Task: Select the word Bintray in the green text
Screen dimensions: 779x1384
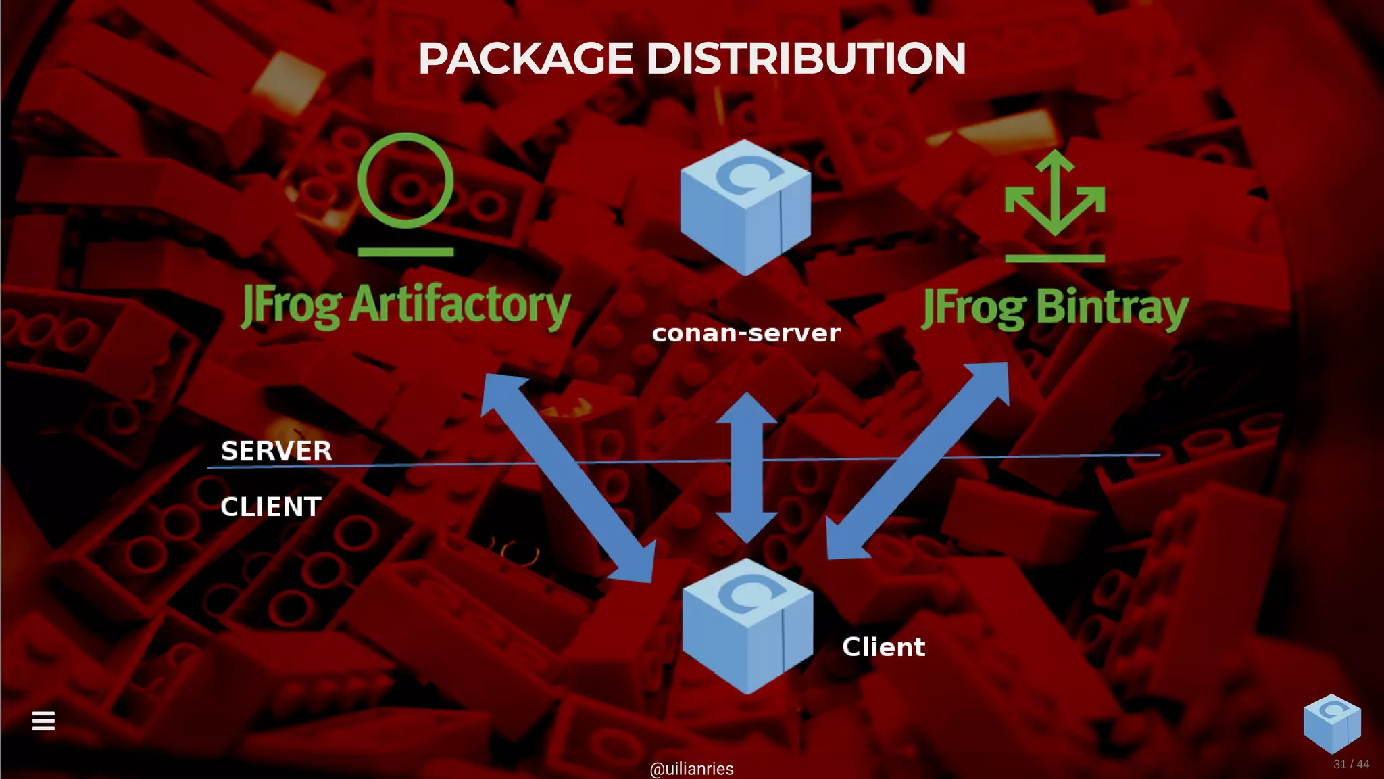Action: (x=1112, y=307)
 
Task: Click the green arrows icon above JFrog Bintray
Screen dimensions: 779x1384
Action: (x=1054, y=196)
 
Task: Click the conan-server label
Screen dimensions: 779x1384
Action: (x=746, y=333)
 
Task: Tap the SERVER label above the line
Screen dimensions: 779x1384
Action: (x=276, y=450)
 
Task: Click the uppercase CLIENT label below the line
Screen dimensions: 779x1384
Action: (x=270, y=506)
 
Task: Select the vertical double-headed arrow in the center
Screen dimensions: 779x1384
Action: (x=747, y=467)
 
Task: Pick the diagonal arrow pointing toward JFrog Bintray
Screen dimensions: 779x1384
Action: (x=919, y=460)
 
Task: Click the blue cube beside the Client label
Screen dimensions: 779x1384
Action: (x=747, y=626)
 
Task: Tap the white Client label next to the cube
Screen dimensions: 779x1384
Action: (x=883, y=647)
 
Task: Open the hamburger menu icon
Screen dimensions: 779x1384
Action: (x=43, y=721)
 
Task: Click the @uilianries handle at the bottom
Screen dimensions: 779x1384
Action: (x=691, y=769)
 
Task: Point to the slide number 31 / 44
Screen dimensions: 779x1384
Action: (x=1351, y=764)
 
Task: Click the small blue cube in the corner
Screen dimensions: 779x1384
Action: (x=1331, y=723)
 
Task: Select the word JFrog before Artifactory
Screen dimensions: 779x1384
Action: (x=291, y=306)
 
